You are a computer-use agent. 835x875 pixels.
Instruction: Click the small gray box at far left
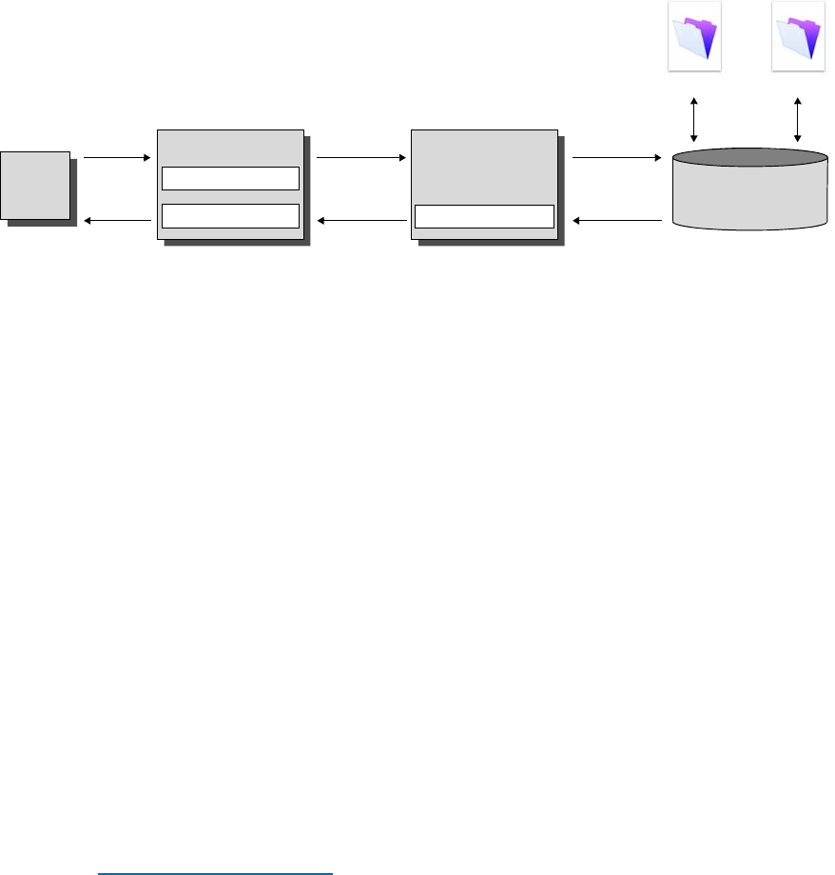tap(35, 185)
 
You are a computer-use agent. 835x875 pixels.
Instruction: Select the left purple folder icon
tap(694, 35)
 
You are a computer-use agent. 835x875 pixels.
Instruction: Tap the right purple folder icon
tap(798, 35)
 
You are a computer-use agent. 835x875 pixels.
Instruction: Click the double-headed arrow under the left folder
tap(694, 118)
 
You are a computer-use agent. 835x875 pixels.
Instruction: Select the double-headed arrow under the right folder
tap(798, 118)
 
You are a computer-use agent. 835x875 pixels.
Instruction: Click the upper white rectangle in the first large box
tap(230, 178)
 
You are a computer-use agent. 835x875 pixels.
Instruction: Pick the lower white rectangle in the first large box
tap(230, 215)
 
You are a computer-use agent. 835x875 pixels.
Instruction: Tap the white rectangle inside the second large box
tap(485, 216)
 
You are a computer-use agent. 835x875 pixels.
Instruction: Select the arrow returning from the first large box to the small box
tap(118, 221)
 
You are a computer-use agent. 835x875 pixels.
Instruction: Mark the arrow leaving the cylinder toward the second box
tap(617, 221)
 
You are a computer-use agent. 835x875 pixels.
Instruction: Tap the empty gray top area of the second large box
tap(483, 162)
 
